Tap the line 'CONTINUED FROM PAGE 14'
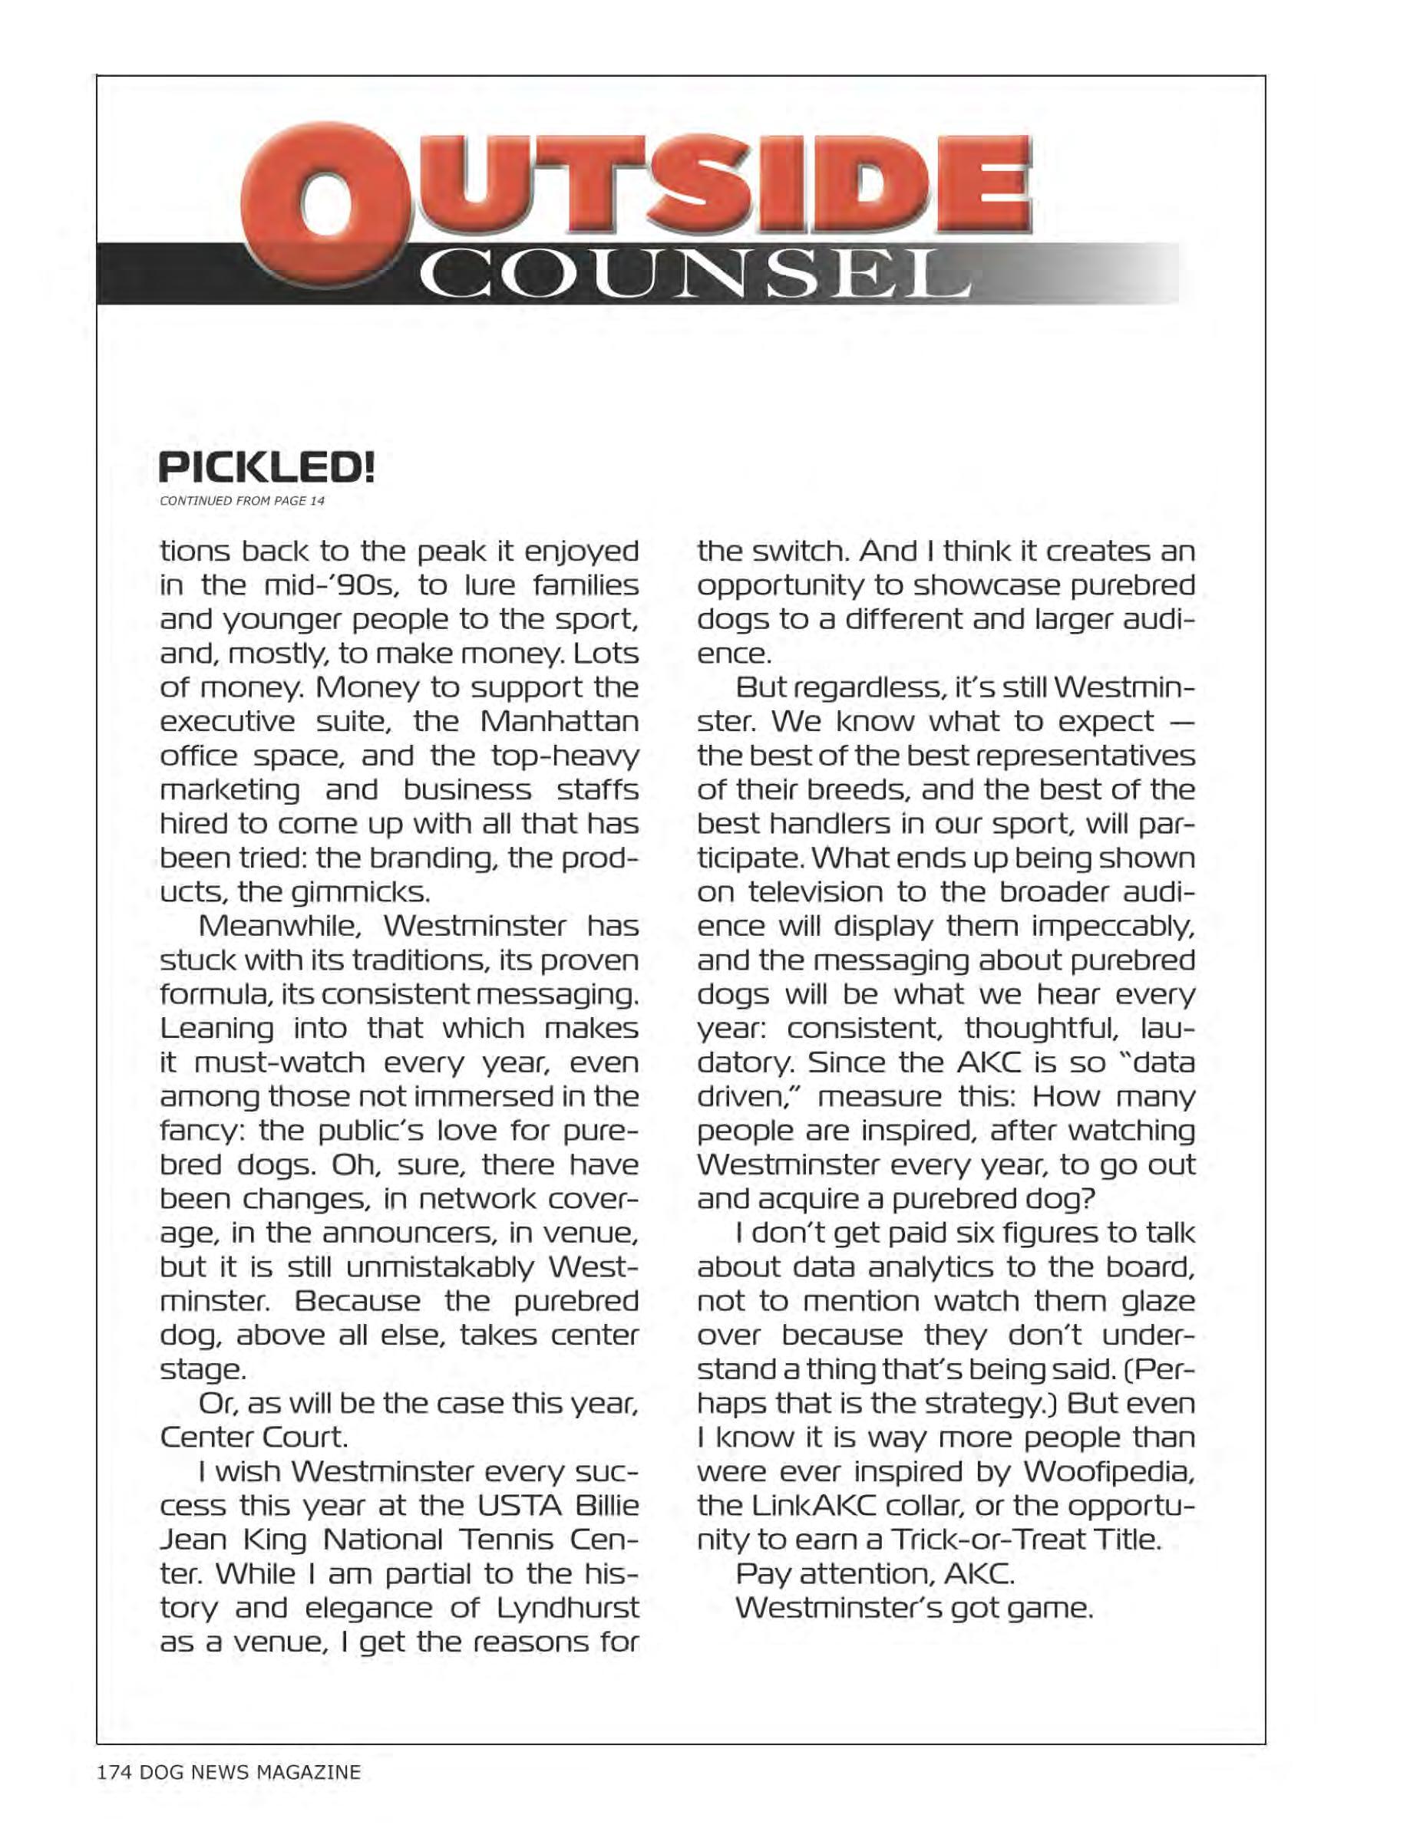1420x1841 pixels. tap(241, 501)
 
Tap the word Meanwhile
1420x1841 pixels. tap(279, 927)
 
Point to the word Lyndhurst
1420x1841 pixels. tap(566, 1608)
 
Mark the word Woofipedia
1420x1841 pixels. tap(1109, 1471)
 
